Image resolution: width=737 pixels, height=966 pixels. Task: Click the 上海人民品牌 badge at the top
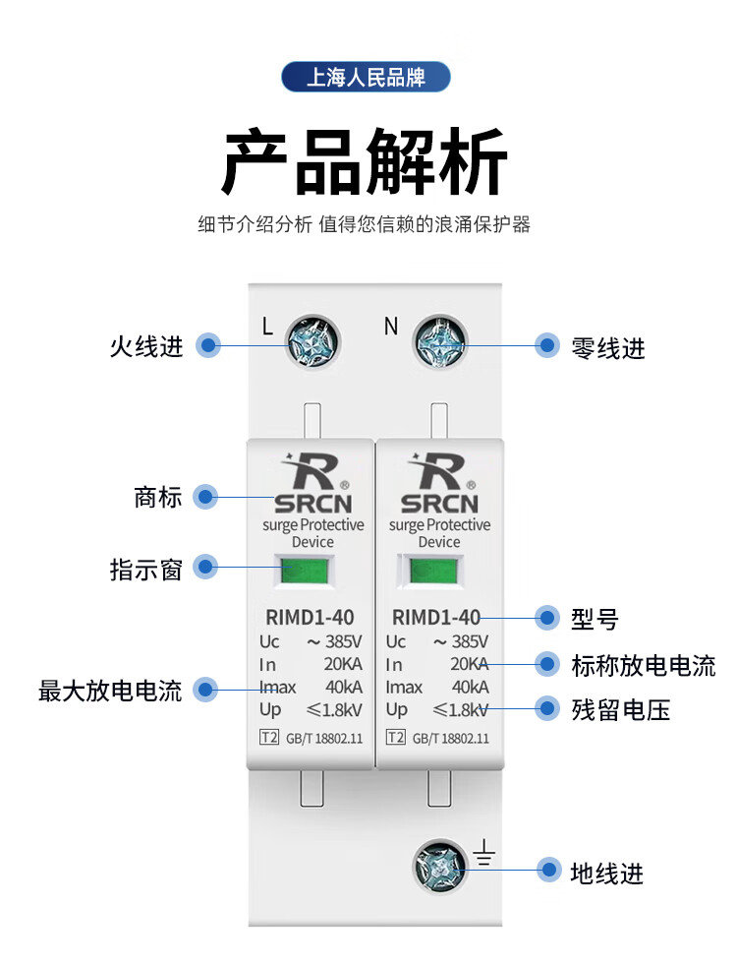(366, 77)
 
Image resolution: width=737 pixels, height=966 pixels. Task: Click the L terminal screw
(312, 344)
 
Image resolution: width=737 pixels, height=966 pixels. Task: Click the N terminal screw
(437, 344)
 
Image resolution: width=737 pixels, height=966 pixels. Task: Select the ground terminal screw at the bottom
(439, 867)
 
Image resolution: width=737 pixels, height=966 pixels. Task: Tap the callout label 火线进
(146, 346)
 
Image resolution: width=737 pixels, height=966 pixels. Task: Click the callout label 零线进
(607, 347)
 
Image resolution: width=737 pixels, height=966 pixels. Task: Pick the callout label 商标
(158, 497)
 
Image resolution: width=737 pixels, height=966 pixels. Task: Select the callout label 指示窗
(146, 569)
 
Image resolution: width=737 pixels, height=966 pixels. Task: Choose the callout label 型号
(595, 619)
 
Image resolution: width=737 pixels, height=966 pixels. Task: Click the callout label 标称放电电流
(643, 665)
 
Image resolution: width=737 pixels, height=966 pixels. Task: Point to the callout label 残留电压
(620, 709)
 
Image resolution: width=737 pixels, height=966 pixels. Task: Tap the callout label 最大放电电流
(110, 690)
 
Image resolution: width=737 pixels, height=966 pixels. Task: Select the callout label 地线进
(607, 872)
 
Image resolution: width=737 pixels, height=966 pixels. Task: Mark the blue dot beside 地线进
(547, 871)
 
